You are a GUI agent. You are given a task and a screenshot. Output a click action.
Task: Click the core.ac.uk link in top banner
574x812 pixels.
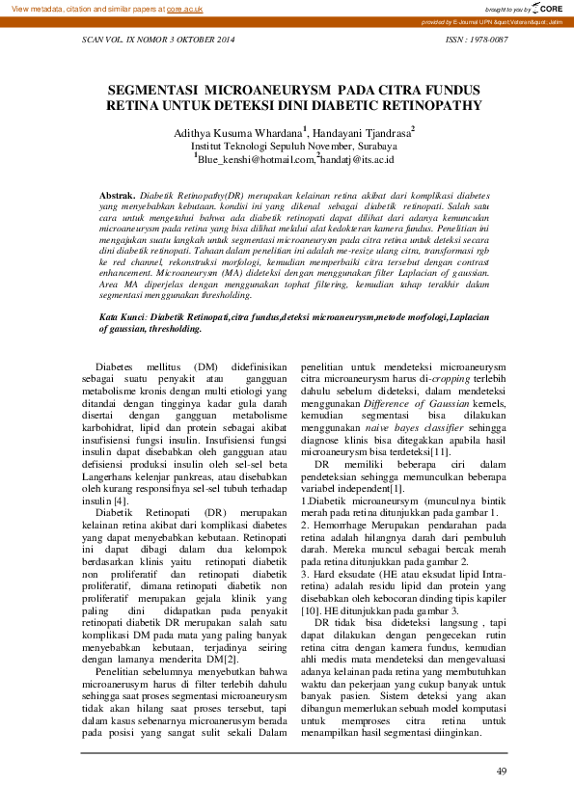point(184,7)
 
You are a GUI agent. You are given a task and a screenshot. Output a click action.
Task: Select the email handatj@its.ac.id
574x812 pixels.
point(365,158)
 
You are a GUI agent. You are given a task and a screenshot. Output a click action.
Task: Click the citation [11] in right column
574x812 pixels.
point(440,450)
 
